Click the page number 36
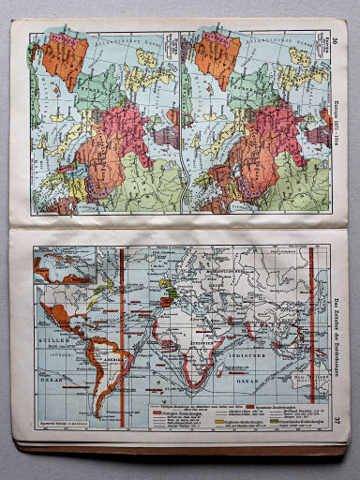[x=336, y=39]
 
